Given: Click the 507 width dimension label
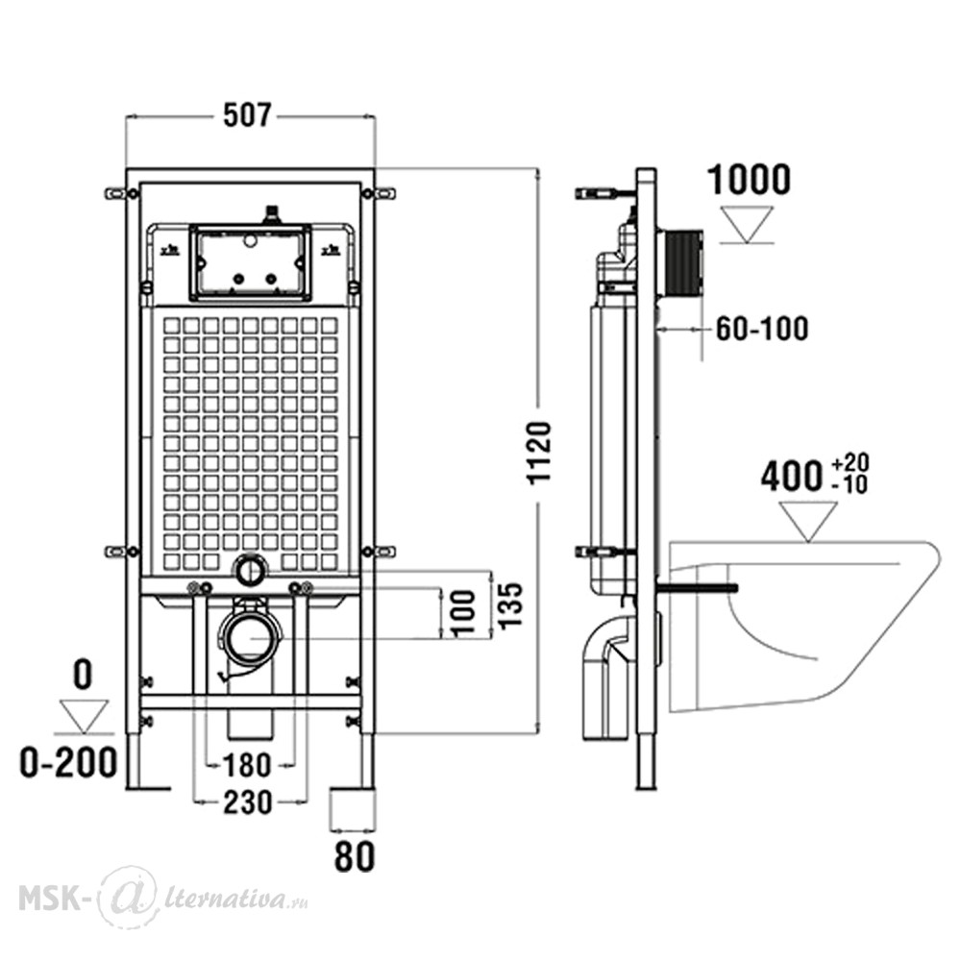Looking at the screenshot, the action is coord(247,116).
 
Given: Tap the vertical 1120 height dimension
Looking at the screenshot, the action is coord(540,453).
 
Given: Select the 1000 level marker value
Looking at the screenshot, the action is coord(749,180).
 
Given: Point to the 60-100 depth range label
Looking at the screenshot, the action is coord(762,329).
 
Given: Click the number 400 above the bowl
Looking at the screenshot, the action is coord(791,477).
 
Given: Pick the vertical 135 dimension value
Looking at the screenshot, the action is coord(510,605).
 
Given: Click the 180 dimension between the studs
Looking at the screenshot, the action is coord(246,766).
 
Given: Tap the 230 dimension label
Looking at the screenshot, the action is coord(248,802).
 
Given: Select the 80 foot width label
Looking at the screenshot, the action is coord(355,856).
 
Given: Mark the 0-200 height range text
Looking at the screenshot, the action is coord(68,763).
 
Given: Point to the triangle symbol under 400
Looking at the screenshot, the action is coord(808,522).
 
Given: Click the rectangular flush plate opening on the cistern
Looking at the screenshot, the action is coord(250,262).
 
